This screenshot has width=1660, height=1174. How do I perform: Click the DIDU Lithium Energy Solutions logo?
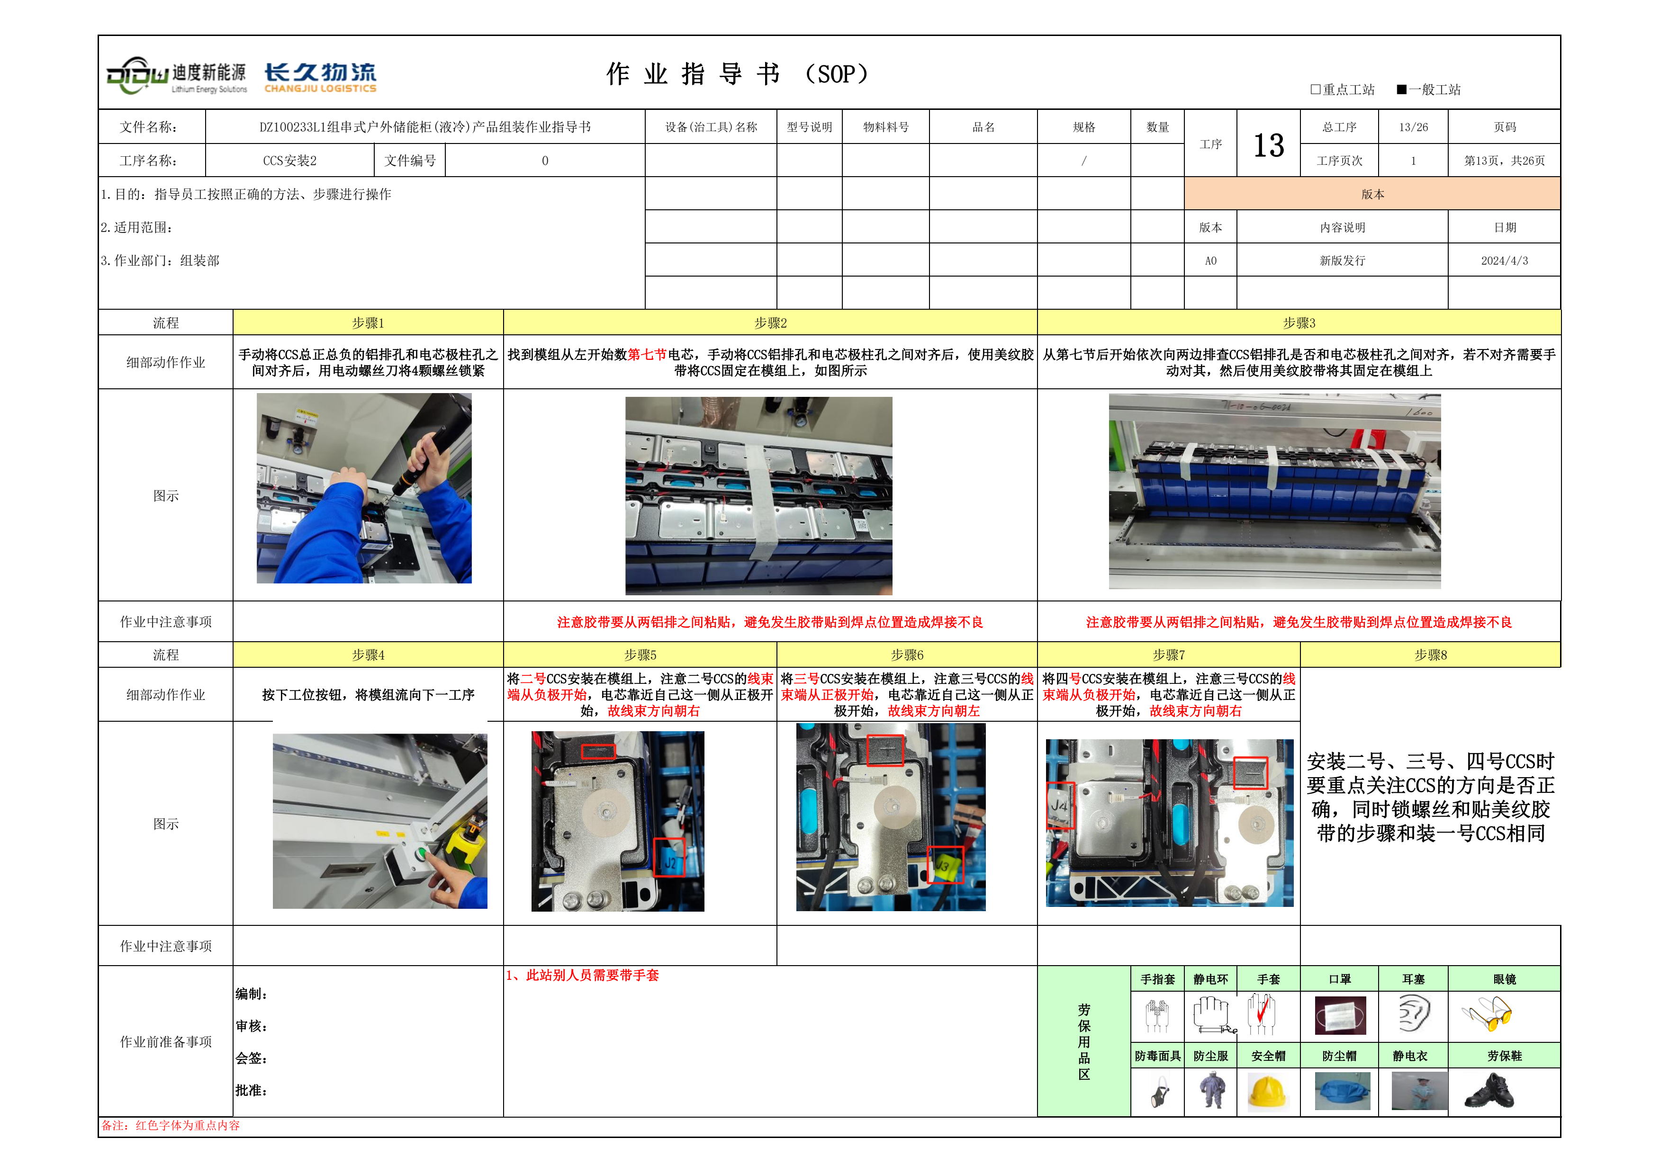[176, 75]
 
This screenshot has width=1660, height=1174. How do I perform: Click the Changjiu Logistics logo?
[320, 77]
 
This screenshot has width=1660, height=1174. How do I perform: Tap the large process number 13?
[1268, 145]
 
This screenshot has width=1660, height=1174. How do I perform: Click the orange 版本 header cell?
[1372, 194]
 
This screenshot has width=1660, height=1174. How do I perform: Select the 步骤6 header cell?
[907, 654]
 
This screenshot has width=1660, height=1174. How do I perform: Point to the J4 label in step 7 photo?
[1060, 805]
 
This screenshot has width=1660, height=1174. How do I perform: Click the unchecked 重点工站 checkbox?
[1315, 90]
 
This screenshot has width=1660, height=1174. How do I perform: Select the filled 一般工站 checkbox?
[1401, 90]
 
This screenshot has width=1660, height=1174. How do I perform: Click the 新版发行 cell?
[1342, 260]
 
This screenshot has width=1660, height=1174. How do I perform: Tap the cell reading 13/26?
[1413, 127]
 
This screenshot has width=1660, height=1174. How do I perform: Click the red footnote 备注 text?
[171, 1126]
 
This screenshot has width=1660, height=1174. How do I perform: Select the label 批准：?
[252, 1090]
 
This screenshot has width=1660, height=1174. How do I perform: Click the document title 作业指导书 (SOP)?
[738, 74]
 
